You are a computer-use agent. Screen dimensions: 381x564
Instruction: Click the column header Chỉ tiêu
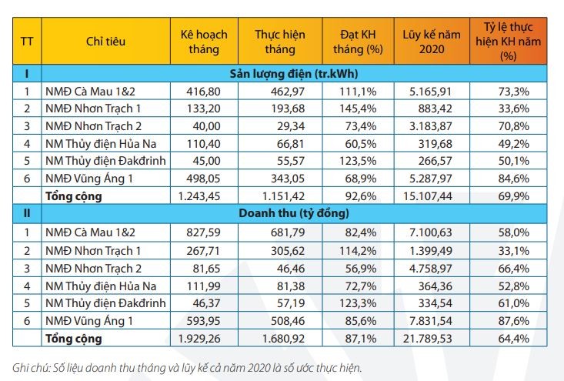(105, 42)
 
